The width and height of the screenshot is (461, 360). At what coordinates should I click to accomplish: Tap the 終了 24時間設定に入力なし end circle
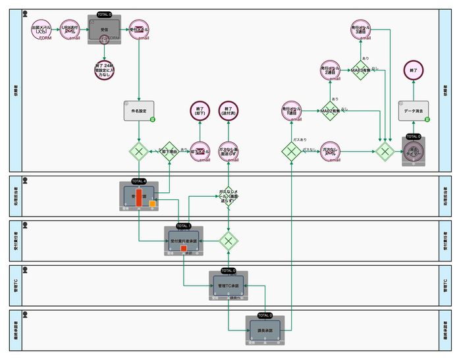(x=104, y=70)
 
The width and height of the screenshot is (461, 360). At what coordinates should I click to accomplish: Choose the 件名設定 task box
(x=138, y=111)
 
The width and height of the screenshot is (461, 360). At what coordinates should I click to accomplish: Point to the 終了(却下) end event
(x=200, y=110)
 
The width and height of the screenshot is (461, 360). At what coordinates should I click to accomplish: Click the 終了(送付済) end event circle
(x=228, y=110)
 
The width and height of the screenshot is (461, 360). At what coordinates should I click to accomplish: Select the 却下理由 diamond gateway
(x=169, y=151)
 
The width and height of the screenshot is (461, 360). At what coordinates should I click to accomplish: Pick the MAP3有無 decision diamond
(x=360, y=70)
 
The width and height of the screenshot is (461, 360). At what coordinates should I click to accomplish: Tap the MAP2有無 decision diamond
(x=330, y=110)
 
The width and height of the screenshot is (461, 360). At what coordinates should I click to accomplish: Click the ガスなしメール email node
(x=330, y=151)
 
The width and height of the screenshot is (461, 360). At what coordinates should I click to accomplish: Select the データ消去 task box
(x=414, y=111)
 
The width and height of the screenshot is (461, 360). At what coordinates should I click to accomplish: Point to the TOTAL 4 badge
(x=138, y=180)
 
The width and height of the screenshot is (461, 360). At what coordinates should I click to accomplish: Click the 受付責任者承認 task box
(x=184, y=240)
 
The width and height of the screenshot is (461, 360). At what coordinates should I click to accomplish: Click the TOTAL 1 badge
(x=184, y=225)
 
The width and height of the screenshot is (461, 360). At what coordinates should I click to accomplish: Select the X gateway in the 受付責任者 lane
(x=229, y=241)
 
